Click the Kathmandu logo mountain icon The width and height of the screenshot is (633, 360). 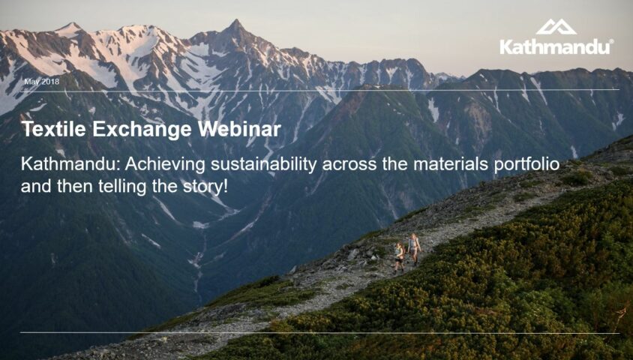(556, 27)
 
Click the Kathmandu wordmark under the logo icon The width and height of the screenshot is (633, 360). (555, 46)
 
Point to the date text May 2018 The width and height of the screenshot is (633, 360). (42, 81)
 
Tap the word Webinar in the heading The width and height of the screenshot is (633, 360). (240, 130)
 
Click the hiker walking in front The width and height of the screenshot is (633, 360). (414, 248)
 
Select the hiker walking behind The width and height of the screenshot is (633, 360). (399, 256)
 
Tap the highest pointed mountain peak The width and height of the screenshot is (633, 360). (237, 25)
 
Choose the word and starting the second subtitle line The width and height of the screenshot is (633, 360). (34, 184)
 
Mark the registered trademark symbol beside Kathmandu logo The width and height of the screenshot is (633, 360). (611, 42)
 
